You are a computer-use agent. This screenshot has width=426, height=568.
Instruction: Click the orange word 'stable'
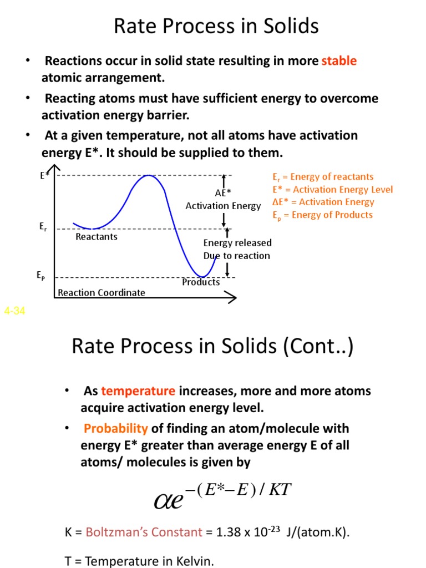tap(339, 61)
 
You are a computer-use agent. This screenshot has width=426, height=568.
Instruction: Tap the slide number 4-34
tap(14, 311)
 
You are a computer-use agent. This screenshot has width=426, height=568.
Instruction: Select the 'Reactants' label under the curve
tap(97, 237)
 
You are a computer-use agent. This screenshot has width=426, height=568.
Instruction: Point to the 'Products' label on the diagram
tap(201, 282)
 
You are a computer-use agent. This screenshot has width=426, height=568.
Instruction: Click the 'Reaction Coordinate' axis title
tap(102, 292)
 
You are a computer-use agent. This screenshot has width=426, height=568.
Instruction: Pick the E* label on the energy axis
tap(44, 175)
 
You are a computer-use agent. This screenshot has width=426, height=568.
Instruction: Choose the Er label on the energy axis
tap(43, 226)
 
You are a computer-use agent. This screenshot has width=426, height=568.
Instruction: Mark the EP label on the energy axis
tap(41, 275)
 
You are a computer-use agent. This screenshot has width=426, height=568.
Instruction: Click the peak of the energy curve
tap(148, 176)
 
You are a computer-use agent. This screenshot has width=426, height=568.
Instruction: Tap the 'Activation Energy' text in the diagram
tap(223, 206)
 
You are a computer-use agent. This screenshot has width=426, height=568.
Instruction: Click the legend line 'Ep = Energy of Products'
tap(322, 215)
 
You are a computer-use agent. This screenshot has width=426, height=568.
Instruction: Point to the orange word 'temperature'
tap(138, 391)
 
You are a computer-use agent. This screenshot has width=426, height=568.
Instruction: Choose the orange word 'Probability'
tap(116, 429)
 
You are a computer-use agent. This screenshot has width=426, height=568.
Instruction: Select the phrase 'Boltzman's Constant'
tap(144, 532)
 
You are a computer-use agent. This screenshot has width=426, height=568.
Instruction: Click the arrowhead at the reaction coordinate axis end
tap(232, 298)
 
